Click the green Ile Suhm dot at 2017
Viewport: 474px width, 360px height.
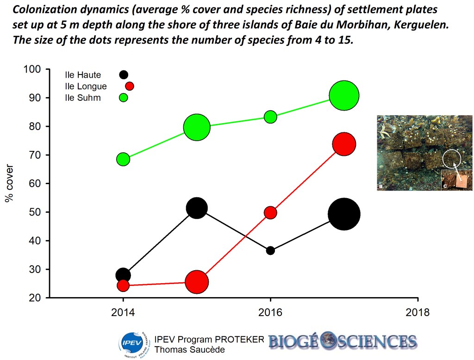click(x=344, y=95)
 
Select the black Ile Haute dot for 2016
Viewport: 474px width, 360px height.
click(x=270, y=250)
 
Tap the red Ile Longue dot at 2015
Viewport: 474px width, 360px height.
click(x=197, y=282)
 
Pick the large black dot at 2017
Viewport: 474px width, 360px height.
click(x=343, y=214)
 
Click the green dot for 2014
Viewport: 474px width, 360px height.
click(x=123, y=159)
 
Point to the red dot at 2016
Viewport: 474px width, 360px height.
click(x=270, y=212)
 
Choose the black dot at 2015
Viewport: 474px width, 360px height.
click(x=197, y=208)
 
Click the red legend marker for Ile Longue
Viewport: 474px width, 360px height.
click(x=130, y=86)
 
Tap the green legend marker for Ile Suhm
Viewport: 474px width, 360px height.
click(x=124, y=98)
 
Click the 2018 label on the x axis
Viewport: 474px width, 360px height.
click(x=418, y=312)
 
